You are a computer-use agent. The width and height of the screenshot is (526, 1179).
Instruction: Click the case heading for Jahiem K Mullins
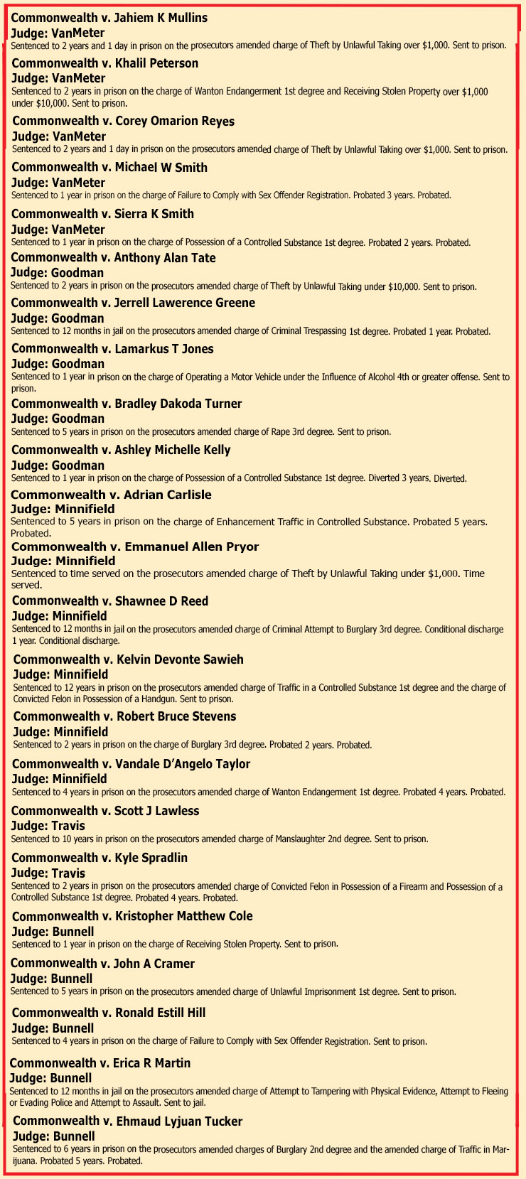[109, 18]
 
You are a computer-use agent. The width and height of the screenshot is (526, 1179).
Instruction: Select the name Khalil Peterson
[156, 63]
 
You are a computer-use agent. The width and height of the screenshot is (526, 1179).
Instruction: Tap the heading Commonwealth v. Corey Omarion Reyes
[123, 121]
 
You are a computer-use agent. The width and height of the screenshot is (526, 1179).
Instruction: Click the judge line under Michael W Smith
[58, 183]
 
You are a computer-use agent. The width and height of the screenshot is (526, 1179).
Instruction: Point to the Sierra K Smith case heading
[102, 214]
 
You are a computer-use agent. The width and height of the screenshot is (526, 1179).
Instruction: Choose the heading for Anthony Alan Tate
[113, 258]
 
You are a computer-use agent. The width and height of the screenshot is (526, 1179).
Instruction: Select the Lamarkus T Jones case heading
[112, 349]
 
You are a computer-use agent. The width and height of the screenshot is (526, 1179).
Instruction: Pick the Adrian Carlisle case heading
[111, 495]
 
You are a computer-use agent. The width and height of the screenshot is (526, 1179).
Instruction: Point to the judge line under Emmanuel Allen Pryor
[63, 561]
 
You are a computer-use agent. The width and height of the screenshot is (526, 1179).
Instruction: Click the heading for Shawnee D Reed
[110, 601]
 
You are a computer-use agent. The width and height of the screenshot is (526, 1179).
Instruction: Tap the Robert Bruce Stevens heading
[124, 716]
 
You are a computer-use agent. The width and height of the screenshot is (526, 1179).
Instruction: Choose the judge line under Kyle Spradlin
[48, 873]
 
